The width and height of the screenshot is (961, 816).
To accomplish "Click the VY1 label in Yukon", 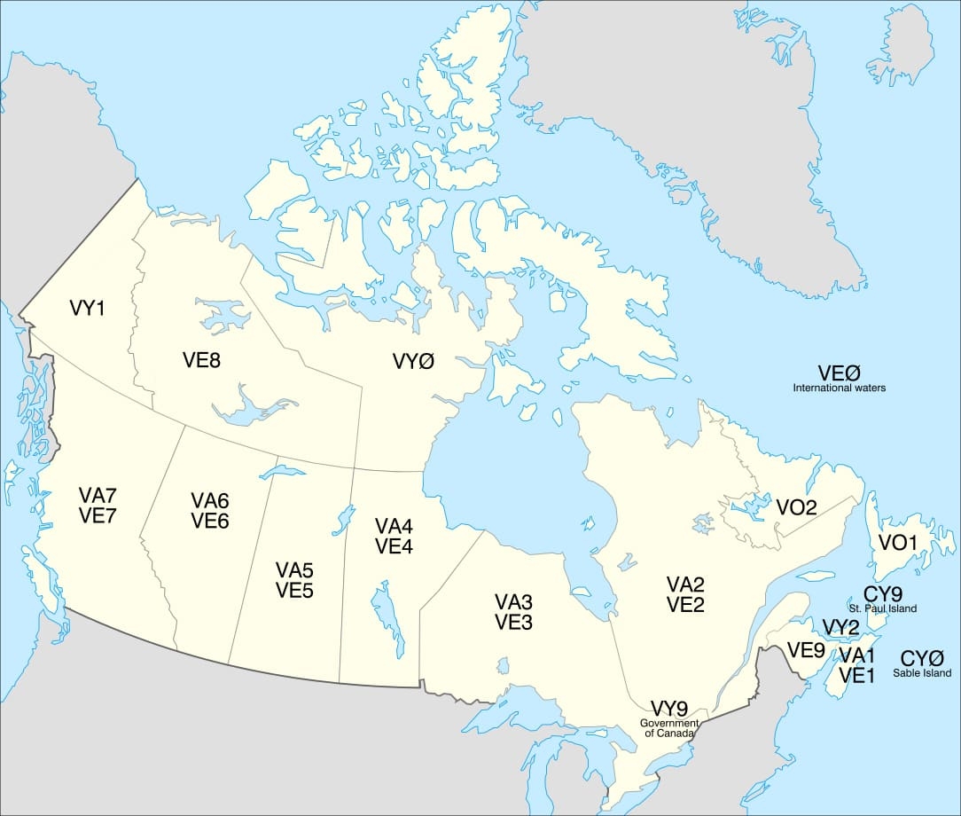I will tap(87, 309).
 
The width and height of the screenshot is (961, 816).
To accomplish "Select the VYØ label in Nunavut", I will tap(413, 361).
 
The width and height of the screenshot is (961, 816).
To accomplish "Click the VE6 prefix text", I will tap(210, 521).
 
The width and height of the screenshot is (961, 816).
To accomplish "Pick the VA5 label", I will tap(294, 569).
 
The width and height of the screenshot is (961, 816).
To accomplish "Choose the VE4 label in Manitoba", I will tap(394, 546).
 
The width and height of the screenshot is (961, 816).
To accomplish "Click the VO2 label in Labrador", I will tap(796, 507).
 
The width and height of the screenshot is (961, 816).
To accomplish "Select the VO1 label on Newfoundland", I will tap(897, 541).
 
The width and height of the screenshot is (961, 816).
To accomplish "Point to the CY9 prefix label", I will tap(883, 593).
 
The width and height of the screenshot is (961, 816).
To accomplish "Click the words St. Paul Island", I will tap(889, 608).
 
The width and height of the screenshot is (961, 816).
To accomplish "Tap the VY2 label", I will tap(840, 628).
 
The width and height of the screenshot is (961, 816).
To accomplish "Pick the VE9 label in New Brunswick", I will tap(807, 650).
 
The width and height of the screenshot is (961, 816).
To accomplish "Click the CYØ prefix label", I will tap(922, 658).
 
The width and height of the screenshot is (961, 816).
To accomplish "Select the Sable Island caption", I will tap(922, 673).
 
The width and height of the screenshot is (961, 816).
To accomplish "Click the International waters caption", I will tap(839, 388).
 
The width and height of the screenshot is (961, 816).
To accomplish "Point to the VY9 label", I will tap(669, 708).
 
